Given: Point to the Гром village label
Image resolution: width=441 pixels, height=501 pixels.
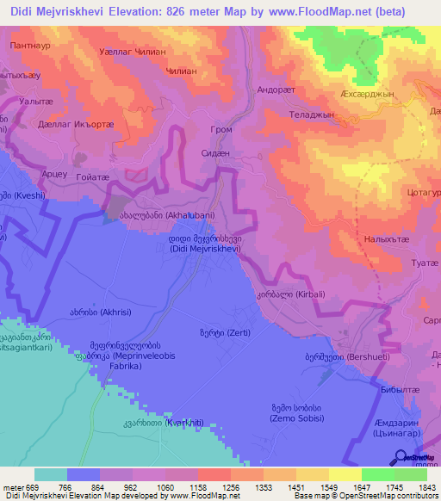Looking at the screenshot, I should [x=222, y=129].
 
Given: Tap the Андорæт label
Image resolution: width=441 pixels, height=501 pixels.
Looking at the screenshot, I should [x=277, y=89].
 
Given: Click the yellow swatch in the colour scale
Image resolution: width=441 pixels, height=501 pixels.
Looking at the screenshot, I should [x=345, y=474].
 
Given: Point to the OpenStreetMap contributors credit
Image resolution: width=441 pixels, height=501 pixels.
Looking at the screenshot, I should [x=385, y=496].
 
